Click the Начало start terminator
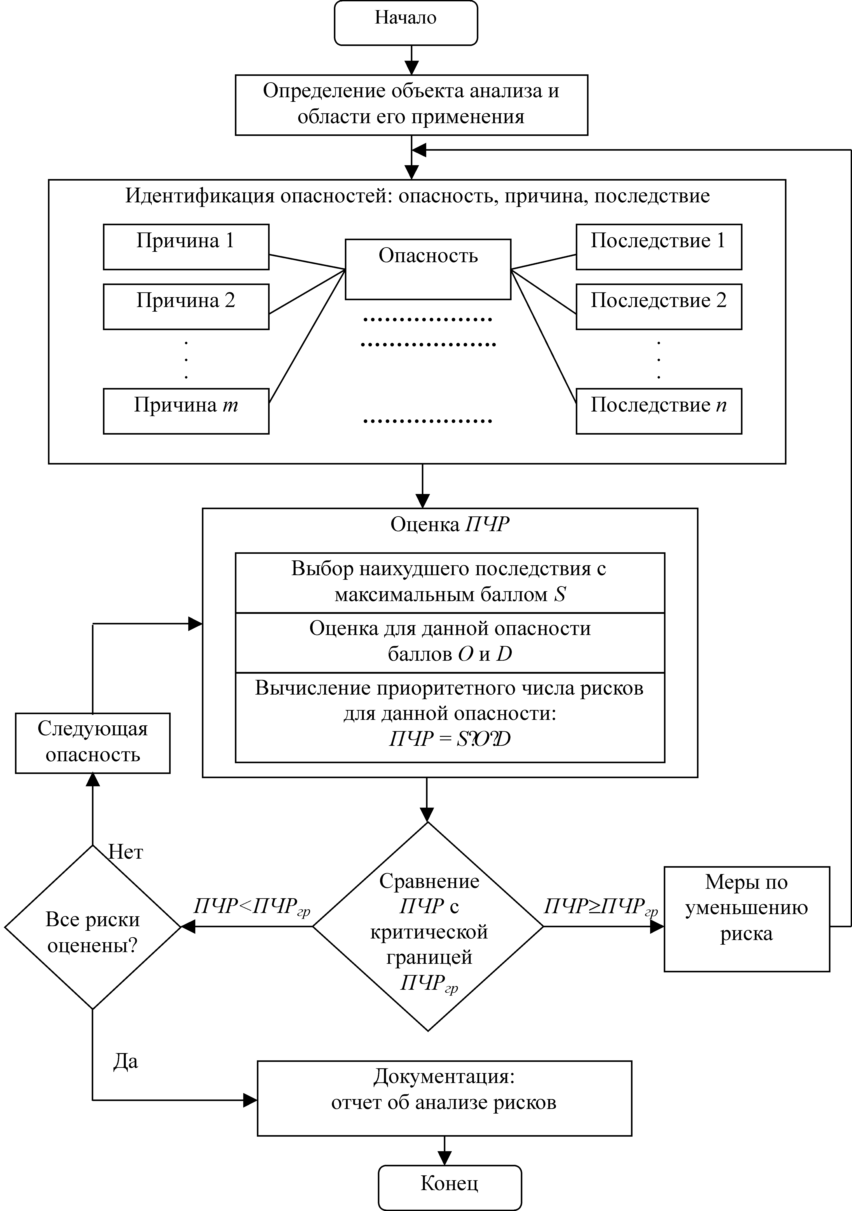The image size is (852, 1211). (x=406, y=23)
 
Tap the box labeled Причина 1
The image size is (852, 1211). (x=186, y=247)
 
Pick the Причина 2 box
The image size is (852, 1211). (x=186, y=306)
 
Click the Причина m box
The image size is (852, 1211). (x=186, y=412)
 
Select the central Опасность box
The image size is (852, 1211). (x=428, y=269)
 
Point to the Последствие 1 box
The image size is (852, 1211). (x=659, y=247)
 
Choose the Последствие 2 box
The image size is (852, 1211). (x=659, y=306)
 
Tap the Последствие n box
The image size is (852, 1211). (x=659, y=412)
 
